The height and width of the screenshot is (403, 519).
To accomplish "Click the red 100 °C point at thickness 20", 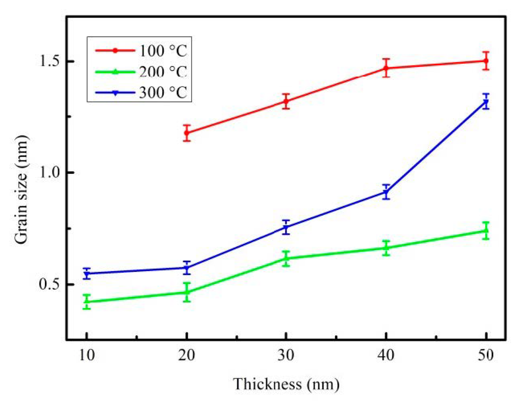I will pyautogui.click(x=187, y=133).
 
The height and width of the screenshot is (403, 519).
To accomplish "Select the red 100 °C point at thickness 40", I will pyautogui.click(x=386, y=68).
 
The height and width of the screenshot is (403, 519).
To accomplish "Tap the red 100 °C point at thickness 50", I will pyautogui.click(x=486, y=61).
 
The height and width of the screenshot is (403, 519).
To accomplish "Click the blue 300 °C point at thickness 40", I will pyautogui.click(x=386, y=192).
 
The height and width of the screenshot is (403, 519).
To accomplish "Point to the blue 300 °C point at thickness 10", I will pyautogui.click(x=87, y=274).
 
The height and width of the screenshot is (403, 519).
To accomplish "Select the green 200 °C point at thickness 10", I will pyautogui.click(x=87, y=301).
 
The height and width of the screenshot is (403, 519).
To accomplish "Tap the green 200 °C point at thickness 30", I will pyautogui.click(x=286, y=258).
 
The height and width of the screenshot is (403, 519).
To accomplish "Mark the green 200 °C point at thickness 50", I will pyautogui.click(x=486, y=231).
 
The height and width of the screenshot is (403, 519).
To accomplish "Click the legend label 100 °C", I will pyautogui.click(x=163, y=51).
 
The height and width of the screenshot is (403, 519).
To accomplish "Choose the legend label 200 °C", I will pyautogui.click(x=163, y=72).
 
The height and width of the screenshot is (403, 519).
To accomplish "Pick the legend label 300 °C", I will pyautogui.click(x=163, y=93).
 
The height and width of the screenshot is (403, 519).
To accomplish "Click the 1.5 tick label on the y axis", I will pyautogui.click(x=49, y=61).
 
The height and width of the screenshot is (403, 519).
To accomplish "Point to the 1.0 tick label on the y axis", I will pyautogui.click(x=49, y=172).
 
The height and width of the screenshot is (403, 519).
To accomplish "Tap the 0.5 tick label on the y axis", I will pyautogui.click(x=49, y=284).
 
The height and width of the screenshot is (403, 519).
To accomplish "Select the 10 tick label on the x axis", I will pyautogui.click(x=87, y=355).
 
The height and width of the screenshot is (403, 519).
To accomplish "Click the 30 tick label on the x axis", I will pyautogui.click(x=286, y=355).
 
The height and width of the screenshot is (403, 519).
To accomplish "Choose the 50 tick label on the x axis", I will pyautogui.click(x=486, y=355).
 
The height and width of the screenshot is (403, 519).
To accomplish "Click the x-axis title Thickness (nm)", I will pyautogui.click(x=286, y=384).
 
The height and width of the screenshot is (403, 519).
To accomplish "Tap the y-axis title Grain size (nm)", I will pyautogui.click(x=21, y=189).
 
